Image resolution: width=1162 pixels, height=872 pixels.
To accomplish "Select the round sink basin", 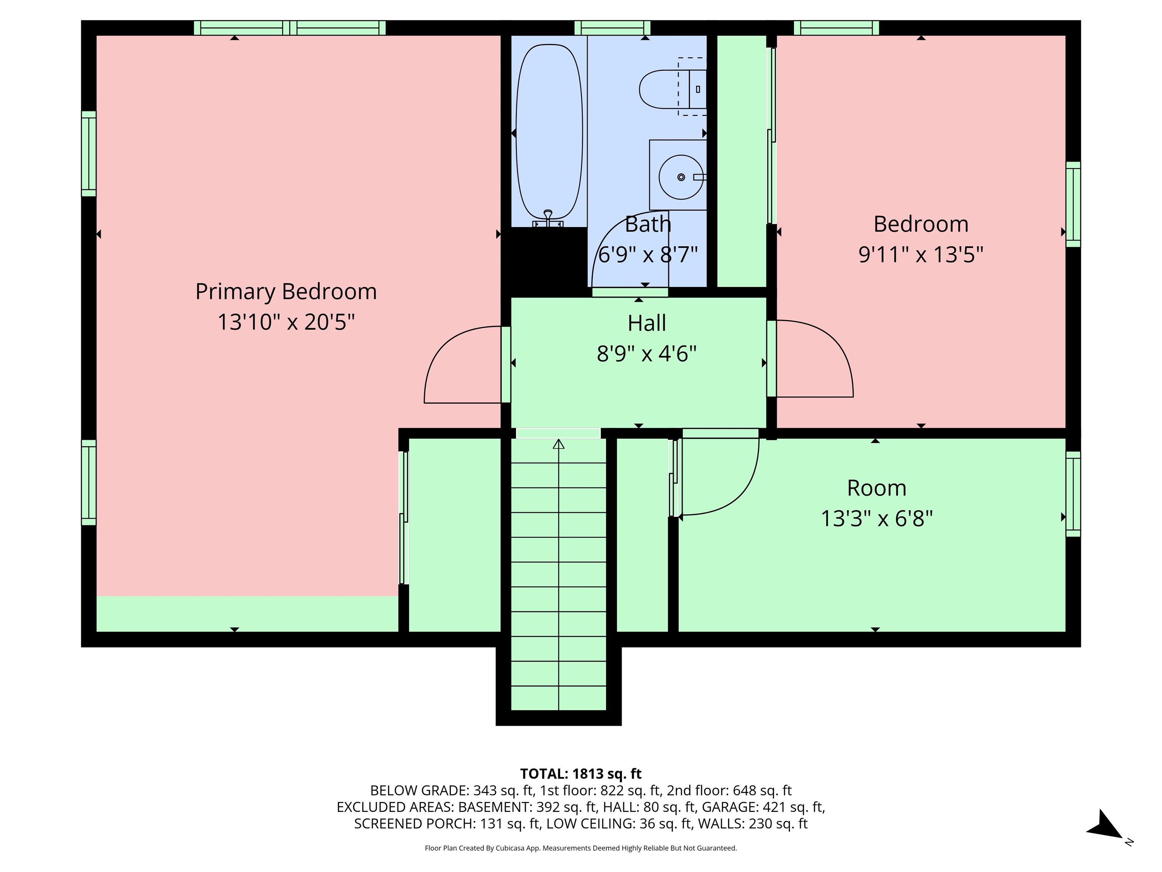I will pos(681,177).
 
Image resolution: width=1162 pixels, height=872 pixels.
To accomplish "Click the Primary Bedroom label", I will pos(286,292).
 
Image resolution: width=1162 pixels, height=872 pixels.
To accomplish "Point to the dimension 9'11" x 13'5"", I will pos(920,255).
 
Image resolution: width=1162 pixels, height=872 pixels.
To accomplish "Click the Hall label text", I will pos(647,323).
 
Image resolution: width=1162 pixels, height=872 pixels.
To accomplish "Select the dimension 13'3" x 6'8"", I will pos(876,519).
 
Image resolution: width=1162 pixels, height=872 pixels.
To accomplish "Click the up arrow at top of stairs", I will pos(558,444).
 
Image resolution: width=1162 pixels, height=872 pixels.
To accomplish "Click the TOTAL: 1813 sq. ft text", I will pos(581,774).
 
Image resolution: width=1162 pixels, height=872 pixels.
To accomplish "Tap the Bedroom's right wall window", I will pos(1073,204).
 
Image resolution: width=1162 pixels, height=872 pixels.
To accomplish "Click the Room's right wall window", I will pos(1073,494).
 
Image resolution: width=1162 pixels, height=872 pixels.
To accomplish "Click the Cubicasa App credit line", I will pos(581,848).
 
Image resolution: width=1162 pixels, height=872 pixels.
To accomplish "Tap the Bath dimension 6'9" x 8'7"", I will pos(648,255).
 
